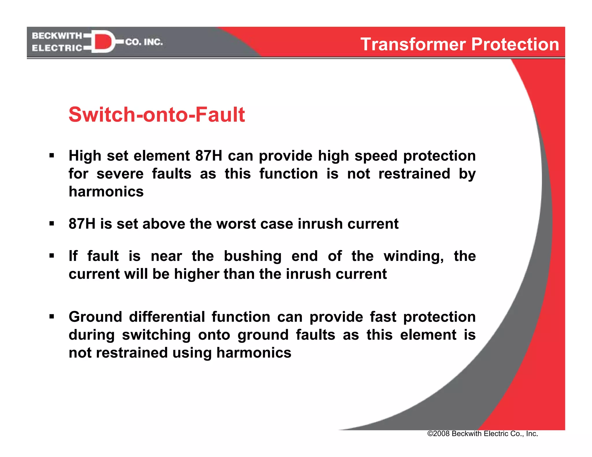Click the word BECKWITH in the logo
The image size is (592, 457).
[57, 36]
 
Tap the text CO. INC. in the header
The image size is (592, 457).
[144, 42]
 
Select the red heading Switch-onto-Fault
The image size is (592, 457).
[157, 115]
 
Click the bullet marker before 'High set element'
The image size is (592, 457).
[52, 156]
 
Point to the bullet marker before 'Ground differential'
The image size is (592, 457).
[52, 317]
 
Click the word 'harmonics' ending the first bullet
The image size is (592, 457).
[106, 192]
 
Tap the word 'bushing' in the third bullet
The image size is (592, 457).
[252, 256]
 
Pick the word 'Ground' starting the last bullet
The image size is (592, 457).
[95, 317]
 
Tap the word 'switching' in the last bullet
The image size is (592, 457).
[156, 335]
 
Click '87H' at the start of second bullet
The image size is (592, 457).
[82, 224]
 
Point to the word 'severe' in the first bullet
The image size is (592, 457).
[120, 174]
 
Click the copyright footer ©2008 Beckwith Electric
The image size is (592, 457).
[482, 434]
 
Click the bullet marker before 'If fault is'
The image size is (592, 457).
[52, 256]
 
